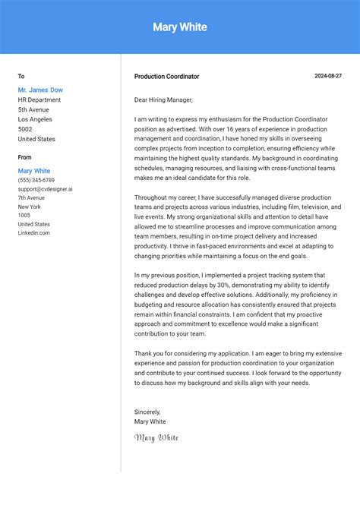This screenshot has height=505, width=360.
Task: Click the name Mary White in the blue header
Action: (180, 27)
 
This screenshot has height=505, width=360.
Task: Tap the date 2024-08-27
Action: (328, 76)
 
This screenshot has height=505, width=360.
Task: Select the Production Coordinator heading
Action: (166, 77)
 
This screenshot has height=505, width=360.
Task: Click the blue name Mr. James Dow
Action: (40, 90)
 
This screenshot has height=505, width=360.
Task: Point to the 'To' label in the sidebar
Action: (21, 76)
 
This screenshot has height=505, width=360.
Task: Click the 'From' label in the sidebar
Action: (25, 157)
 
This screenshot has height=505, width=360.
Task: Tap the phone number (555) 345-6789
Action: (36, 180)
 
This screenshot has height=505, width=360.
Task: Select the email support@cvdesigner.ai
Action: (46, 189)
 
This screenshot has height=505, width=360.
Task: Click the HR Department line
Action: (39, 99)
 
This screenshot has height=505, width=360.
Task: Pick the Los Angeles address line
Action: (35, 119)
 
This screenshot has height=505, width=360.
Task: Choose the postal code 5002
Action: (26, 129)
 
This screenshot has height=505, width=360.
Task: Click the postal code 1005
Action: (24, 216)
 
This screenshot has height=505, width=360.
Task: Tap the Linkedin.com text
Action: (34, 233)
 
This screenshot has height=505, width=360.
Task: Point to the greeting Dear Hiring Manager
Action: (163, 99)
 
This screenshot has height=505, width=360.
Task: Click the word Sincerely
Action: (147, 412)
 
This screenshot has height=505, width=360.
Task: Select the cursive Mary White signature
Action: (156, 437)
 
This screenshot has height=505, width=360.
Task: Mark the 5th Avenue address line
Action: (33, 109)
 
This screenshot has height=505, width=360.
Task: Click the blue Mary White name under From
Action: (34, 171)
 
